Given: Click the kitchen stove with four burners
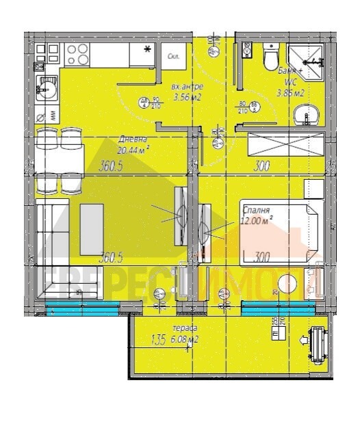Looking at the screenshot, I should tap(77, 54).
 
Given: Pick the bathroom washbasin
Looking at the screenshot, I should tap(305, 117).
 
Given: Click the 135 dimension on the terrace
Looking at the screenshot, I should tap(157, 336).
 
